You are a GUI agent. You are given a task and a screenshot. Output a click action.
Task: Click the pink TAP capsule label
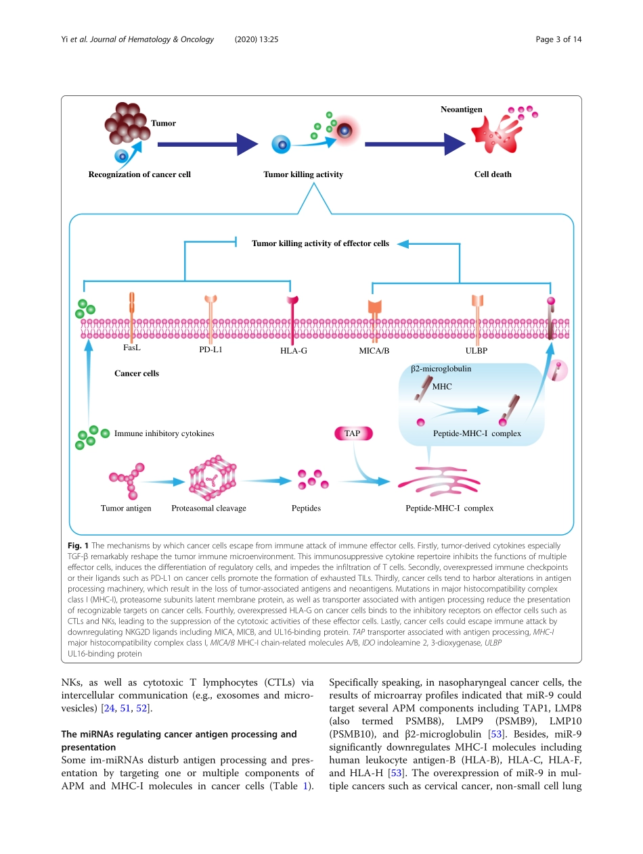tap(353, 433)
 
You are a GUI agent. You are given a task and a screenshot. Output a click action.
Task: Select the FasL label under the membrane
tap(132, 348)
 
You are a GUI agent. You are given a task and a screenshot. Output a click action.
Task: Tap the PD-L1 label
tap(211, 350)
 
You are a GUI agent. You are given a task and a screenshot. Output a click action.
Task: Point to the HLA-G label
tap(294, 351)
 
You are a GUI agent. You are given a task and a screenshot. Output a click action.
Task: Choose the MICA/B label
tap(374, 351)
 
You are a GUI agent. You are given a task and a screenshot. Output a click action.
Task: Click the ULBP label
tap(476, 351)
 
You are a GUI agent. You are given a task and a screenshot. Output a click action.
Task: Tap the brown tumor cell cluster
tap(127, 123)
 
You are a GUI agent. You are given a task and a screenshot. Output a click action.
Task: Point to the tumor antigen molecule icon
tap(127, 480)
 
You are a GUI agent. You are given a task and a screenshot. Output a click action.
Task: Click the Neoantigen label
tap(461, 109)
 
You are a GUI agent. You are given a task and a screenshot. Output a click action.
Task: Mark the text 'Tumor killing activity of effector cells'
tap(320, 243)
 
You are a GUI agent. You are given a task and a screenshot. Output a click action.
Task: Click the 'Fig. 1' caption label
tap(79, 545)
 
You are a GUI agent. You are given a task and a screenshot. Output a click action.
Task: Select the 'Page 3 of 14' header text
tap(558, 39)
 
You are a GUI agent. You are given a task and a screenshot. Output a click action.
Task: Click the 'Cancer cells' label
tap(137, 373)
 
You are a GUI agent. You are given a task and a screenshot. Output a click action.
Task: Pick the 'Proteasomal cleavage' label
tap(208, 508)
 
